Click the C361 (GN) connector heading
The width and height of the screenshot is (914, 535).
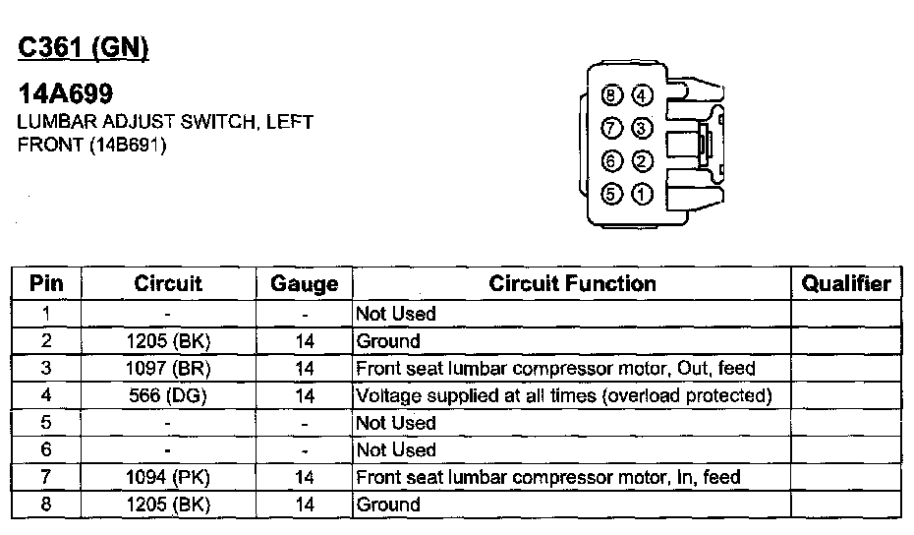click(x=83, y=48)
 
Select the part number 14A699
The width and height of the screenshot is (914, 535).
click(x=65, y=94)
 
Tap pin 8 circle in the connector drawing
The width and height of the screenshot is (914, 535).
click(x=613, y=95)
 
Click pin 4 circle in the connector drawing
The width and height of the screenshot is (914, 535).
click(x=641, y=95)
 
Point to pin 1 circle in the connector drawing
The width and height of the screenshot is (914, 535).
click(x=641, y=194)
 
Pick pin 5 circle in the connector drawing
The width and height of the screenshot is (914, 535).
click(x=611, y=194)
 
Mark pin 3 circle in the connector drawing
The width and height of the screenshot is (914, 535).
click(x=641, y=128)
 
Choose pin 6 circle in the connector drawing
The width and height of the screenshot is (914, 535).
click(x=612, y=160)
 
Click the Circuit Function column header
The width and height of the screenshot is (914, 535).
click(x=572, y=284)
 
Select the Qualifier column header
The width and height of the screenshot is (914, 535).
click(x=846, y=284)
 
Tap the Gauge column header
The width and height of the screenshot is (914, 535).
click(x=304, y=285)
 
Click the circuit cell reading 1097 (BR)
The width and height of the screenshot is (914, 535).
click(x=168, y=369)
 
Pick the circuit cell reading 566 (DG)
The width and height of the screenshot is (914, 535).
click(x=168, y=395)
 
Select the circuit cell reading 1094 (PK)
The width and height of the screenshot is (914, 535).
click(x=168, y=478)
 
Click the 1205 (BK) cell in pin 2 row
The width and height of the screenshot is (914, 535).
click(x=168, y=341)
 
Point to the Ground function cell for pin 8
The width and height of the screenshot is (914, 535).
click(x=388, y=505)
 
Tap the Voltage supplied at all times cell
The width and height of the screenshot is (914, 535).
click(x=563, y=395)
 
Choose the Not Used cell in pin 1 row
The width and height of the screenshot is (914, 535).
click(x=396, y=314)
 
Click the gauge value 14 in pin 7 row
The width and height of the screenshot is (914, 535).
click(x=304, y=478)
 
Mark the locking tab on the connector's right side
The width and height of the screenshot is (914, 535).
click(x=704, y=146)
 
